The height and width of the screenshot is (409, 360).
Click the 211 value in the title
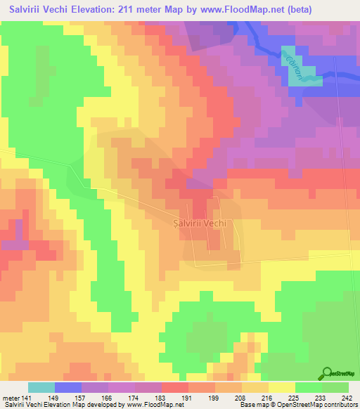pyautogui.click(x=136, y=10)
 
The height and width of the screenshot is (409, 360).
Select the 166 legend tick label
pyautogui.click(x=86, y=399)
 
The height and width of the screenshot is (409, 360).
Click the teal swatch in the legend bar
pyautogui.click(x=41, y=388)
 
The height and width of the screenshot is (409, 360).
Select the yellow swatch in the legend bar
pyautogui.click(x=282, y=388)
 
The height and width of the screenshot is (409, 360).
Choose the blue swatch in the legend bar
pyautogui.click(x=68, y=388)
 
